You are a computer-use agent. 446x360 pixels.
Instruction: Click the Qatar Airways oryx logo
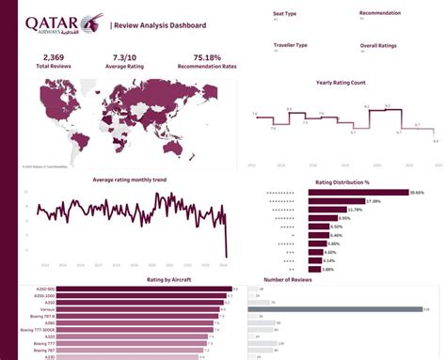point(91,21)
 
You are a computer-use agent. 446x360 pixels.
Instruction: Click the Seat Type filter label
point(285,13)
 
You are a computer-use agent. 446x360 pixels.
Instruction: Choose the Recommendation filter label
point(379,13)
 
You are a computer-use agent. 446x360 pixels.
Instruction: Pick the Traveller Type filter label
point(291,44)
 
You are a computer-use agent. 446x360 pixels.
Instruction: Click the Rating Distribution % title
point(343,181)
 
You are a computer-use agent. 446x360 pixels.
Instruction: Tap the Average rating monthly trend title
point(131,179)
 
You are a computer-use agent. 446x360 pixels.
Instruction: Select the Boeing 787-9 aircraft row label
point(43,316)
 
